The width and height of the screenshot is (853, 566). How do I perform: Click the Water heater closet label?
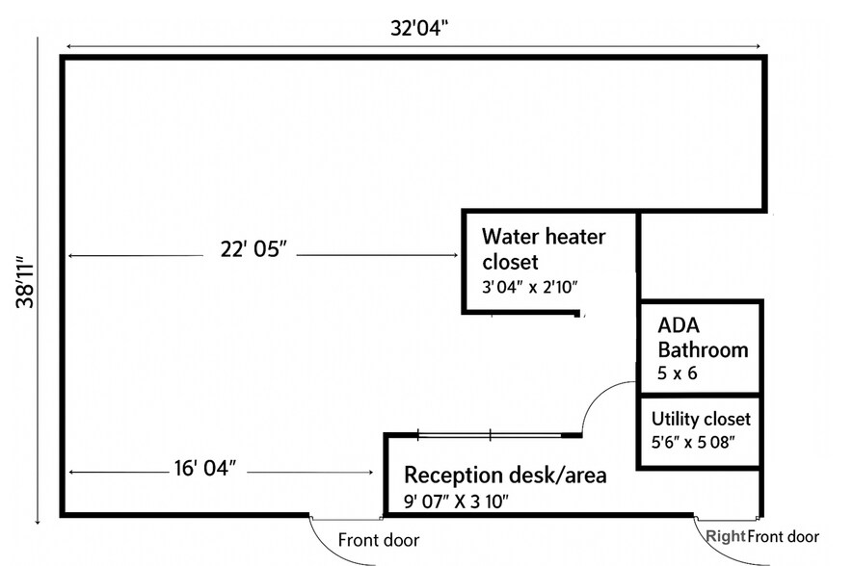point(546,248)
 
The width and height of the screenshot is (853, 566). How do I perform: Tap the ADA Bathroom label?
point(703,337)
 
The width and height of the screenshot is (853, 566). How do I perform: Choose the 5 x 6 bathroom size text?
point(678,373)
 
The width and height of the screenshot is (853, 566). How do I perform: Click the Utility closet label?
point(701,419)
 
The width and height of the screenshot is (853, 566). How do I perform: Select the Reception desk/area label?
point(505,475)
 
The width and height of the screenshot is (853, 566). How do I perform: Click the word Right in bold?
point(725,536)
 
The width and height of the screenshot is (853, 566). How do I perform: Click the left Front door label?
point(379,540)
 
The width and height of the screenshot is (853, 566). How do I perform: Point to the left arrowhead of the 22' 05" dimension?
point(71,255)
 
